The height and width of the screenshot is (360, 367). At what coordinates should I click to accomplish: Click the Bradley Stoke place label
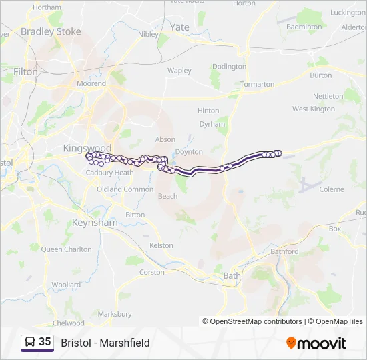[x=51, y=31]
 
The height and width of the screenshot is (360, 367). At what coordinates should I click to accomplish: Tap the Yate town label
[x=179, y=27]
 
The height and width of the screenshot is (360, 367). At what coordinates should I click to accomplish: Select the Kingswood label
[x=87, y=147]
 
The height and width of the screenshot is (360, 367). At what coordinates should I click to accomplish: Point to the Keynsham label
[x=94, y=222]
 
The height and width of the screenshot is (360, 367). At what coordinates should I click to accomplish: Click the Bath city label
[x=232, y=275]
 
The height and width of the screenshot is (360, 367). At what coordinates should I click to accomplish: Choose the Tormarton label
[x=257, y=85]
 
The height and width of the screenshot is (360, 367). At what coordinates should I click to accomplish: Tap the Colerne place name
[x=332, y=189]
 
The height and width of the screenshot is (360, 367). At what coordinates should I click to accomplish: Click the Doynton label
[x=189, y=152]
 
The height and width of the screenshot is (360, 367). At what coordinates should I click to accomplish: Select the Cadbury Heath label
[x=110, y=173]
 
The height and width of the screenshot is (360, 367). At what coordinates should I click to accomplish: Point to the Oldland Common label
[x=125, y=189]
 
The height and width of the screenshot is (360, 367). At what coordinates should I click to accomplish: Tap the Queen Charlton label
[x=66, y=249]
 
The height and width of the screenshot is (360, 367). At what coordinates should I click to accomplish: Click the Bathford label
[x=285, y=251]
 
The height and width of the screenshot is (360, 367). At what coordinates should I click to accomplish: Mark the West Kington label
[x=314, y=109]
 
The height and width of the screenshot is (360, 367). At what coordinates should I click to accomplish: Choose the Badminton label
[x=304, y=27]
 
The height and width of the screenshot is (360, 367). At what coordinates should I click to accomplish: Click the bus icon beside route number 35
[x=29, y=342]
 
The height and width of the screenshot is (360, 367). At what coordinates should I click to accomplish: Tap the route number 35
[x=45, y=342]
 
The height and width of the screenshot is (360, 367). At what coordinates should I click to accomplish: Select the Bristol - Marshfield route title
[x=105, y=343]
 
